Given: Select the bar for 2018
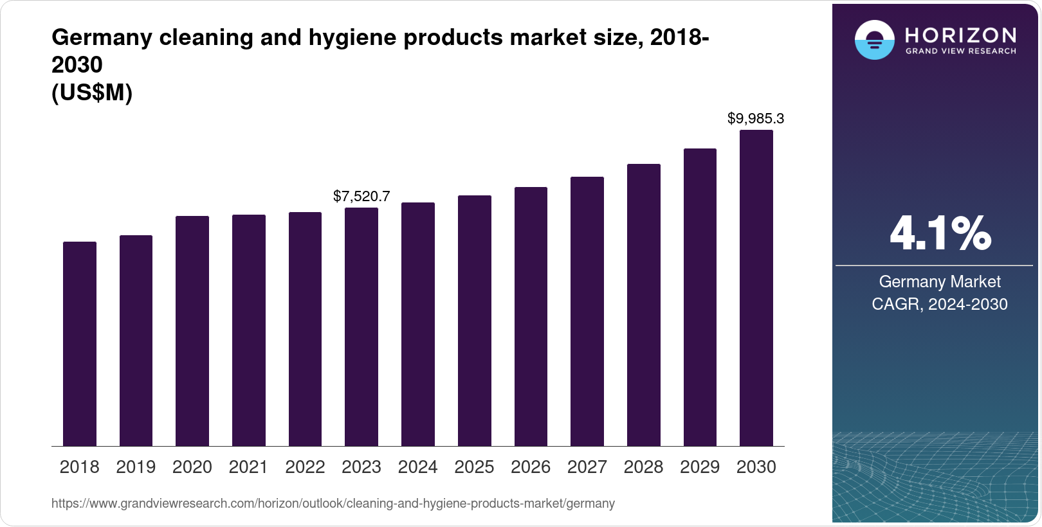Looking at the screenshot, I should coord(80,344).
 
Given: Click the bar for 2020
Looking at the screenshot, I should coord(192,331).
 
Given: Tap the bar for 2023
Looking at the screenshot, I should coord(361,326).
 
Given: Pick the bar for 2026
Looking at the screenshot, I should coord(531,316).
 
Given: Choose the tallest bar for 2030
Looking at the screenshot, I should coord(756,288).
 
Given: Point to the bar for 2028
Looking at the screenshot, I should coord(644,305).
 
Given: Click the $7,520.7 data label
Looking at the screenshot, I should coord(361,197).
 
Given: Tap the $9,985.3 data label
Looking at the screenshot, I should coord(756,119).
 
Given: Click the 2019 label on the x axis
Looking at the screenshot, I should coord(136,467).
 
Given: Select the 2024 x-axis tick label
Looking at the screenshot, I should coord(418,467).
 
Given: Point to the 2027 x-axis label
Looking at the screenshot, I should coord(587,467).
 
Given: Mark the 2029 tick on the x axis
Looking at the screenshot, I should coord(700,467).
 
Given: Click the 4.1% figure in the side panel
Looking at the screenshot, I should coord(940,234).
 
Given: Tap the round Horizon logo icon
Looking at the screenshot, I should coord(874,40).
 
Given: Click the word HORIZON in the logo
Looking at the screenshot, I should coord(961,35).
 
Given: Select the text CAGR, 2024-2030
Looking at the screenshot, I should coord(940,304).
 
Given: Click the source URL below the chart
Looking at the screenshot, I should coord(333,504).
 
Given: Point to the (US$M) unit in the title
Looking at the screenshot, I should coord(92,93).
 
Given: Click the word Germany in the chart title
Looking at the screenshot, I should coord(102,38).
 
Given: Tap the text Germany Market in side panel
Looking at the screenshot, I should coord(940,282).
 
